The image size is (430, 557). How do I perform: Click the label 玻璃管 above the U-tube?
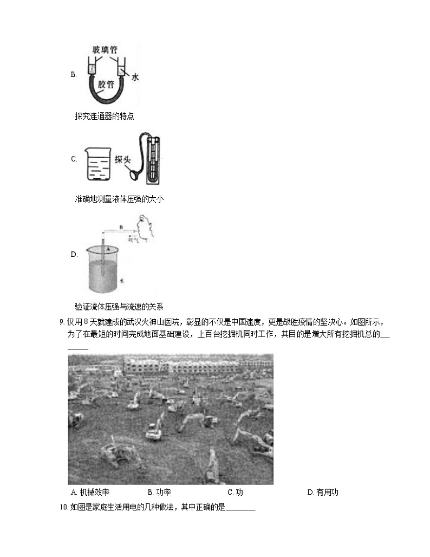coord(105,49)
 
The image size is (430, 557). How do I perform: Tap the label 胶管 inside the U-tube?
coord(106,85)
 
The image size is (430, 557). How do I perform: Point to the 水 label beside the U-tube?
coord(135,78)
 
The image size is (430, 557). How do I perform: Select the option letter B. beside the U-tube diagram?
coord(74,75)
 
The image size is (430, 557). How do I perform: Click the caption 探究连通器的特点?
coord(105,116)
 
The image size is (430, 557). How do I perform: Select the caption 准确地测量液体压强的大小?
coord(119,199)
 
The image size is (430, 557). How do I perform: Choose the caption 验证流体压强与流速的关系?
coord(119,306)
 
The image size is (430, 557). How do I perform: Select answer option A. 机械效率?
coord(90,493)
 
